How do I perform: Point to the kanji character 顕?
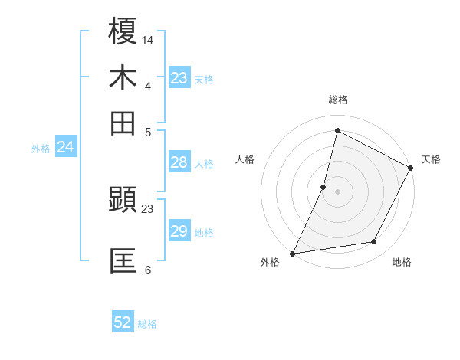coord(123,201)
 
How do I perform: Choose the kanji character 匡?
coord(123,260)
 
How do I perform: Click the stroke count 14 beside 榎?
coord(148,39)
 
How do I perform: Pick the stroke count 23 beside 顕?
coord(148,208)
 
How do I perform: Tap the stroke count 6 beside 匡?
coord(148,270)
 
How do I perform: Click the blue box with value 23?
coord(179,78)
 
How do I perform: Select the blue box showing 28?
coord(179,162)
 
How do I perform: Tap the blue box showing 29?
coord(179,231)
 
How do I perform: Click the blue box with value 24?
coord(65,147)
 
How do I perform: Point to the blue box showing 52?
coord(123,322)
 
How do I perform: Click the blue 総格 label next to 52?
coord(147,324)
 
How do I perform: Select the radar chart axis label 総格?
coord(337,100)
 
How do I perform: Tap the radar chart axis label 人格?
coord(245,159)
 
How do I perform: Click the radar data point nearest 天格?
coord(411,169)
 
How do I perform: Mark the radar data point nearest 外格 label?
coord(293,253)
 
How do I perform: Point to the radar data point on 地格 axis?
coord(374,242)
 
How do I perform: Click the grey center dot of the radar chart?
coord(337,191)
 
